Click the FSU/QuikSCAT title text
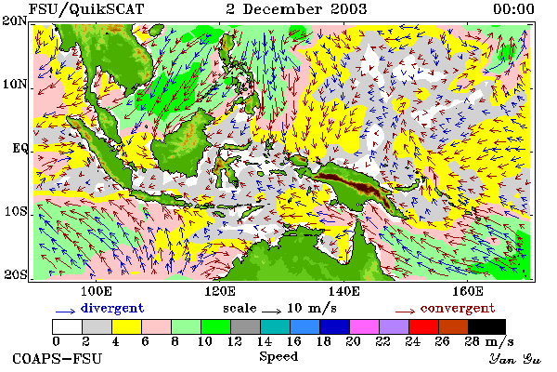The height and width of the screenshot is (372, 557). (86, 9)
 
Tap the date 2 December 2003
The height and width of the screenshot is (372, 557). (296, 9)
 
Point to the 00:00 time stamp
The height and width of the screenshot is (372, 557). (513, 9)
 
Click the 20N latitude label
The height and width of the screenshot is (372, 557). (14, 20)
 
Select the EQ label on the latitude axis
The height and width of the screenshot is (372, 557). (19, 148)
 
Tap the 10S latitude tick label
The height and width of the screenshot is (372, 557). (16, 211)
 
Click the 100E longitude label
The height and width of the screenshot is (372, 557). (97, 291)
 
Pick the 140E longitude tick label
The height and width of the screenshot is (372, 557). (343, 291)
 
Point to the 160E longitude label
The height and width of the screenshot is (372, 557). (468, 291)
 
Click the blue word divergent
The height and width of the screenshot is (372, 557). (112, 308)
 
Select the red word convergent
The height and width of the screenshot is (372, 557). (458, 308)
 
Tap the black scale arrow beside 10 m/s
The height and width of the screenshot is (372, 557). (271, 312)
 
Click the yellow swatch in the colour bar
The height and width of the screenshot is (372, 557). (127, 326)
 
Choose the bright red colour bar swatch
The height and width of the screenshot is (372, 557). (424, 326)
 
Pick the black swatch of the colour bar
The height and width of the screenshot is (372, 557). (486, 326)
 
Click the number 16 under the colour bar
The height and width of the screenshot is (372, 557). (293, 341)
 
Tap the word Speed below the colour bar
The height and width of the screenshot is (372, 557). (278, 356)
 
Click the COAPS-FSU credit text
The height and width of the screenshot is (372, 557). (58, 358)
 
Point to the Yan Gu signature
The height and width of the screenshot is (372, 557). (514, 359)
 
